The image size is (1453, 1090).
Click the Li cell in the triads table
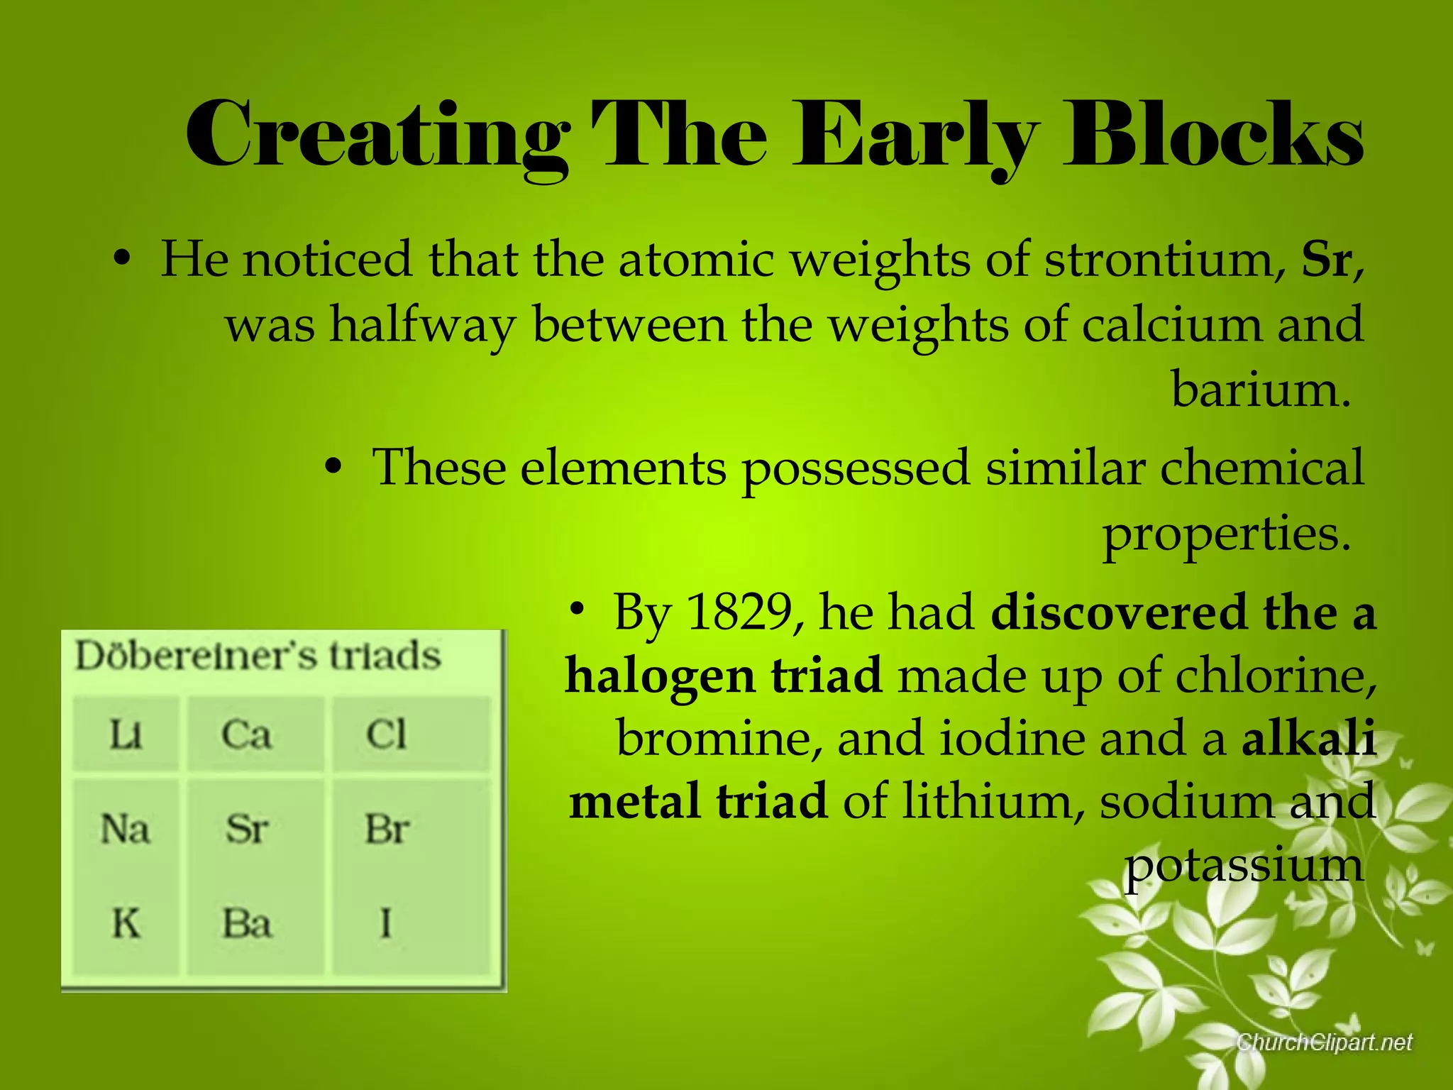pos(126,734)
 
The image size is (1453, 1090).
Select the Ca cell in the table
pos(246,734)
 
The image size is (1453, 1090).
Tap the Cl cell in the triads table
pos(387,734)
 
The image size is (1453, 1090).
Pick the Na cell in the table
pos(126,828)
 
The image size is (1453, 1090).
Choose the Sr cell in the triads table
pos(247,828)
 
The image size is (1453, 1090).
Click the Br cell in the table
pos(387,828)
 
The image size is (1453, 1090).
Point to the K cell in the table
pos(126,924)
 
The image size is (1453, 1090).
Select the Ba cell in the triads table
pos(247,924)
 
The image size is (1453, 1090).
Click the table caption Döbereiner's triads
pos(258,656)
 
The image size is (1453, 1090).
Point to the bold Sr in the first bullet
pos(1326,260)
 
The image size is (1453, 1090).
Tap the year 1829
pos(740,612)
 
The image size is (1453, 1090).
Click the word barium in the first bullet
pos(1259,390)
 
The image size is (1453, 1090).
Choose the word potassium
pos(1243,866)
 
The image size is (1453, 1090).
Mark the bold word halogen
pos(659,676)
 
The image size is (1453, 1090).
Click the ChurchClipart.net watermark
pos(1325,1042)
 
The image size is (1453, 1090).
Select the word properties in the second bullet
pos(1225,534)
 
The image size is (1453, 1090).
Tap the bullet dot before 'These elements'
pos(333,468)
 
